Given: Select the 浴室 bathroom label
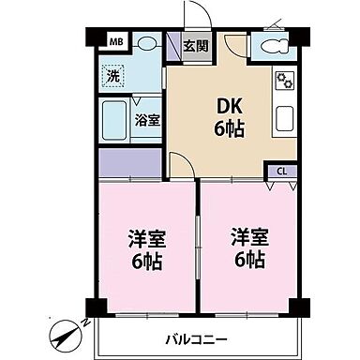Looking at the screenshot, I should coord(146,119).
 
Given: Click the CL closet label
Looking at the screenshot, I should coord(281,172).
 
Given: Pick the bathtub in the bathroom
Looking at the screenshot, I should coord(114,120).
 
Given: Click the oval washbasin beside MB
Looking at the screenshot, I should coord(146,43).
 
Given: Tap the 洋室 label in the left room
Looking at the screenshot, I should coord(144,238).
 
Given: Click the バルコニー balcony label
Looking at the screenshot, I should coord(198,338).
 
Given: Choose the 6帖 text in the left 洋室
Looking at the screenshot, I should coord(144,261).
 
